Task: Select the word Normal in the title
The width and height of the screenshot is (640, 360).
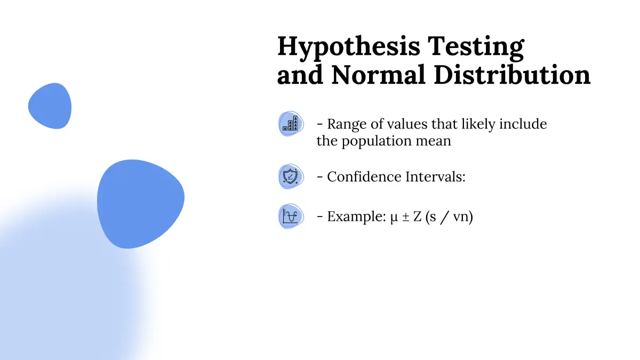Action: click(x=378, y=75)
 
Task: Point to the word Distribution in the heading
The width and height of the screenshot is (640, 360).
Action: click(x=512, y=75)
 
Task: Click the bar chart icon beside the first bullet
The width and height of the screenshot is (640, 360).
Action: click(x=291, y=124)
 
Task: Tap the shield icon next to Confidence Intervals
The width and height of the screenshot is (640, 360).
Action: click(x=291, y=177)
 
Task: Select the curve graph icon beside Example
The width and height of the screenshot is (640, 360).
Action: click(x=291, y=216)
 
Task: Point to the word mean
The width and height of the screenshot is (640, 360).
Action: click(x=434, y=141)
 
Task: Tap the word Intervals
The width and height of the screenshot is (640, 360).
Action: click(x=435, y=177)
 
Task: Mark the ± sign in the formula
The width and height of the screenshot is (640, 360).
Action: click(x=406, y=217)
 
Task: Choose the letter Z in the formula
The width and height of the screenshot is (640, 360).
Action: click(x=418, y=217)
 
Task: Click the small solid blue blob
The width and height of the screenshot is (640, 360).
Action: click(x=50, y=106)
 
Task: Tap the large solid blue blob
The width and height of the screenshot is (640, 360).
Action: click(x=141, y=204)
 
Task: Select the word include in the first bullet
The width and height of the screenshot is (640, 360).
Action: click(x=523, y=124)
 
